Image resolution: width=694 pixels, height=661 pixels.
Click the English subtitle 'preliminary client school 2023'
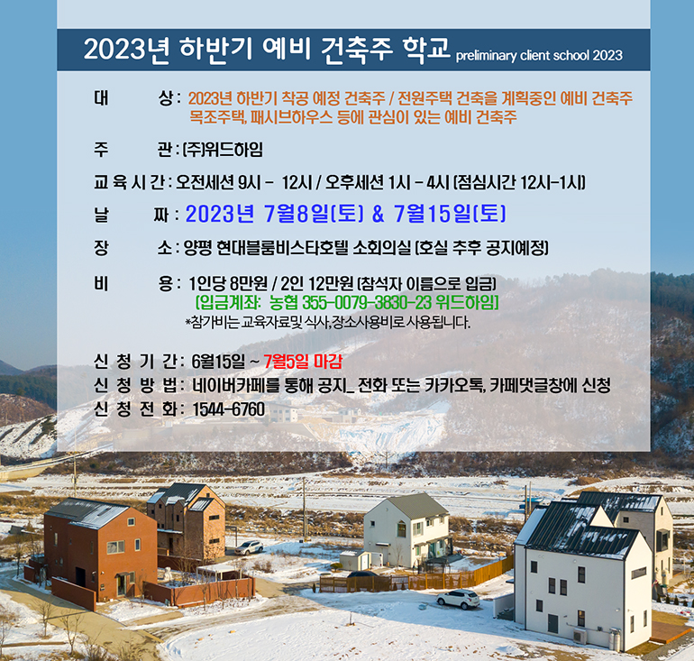click(x=539, y=56)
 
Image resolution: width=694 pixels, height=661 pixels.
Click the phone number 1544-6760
click(x=229, y=409)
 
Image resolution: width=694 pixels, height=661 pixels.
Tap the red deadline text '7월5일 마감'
click(x=303, y=363)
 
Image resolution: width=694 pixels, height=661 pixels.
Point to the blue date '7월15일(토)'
click(x=450, y=214)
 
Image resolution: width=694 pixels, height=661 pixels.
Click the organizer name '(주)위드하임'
click(x=223, y=150)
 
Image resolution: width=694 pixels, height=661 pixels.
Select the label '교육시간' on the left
click(x=129, y=182)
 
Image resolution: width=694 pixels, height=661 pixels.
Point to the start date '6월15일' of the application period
click(x=218, y=363)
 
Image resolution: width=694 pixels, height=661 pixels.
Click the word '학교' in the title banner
click(x=426, y=49)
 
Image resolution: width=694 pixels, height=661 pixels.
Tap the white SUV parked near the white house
click(x=458, y=599)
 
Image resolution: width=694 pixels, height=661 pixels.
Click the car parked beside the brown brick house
click(x=249, y=547)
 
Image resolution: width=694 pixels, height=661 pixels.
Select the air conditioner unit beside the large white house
click(x=580, y=637)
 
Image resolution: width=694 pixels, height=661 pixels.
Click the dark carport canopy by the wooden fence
click(x=362, y=574)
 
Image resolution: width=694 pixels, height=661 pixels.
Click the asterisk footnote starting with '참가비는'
click(x=328, y=323)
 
